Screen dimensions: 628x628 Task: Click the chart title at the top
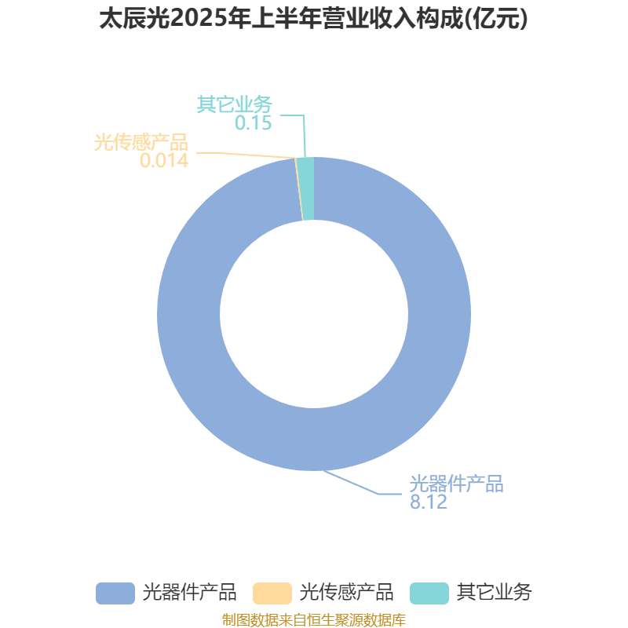tap(313, 19)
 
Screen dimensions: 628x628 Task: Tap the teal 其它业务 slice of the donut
tap(308, 188)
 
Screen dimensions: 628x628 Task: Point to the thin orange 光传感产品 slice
tap(299, 188)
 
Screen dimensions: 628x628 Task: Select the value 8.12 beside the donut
tap(428, 502)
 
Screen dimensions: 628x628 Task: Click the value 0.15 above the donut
tap(253, 122)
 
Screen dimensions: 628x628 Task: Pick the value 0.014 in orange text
tap(164, 161)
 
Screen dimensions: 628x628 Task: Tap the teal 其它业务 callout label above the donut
tap(235, 104)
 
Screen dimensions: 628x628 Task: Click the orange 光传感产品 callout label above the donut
tap(141, 143)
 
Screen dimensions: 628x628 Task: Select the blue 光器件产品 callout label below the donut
tap(456, 484)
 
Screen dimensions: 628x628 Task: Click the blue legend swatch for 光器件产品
tap(115, 593)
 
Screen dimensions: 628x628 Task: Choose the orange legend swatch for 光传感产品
tap(272, 593)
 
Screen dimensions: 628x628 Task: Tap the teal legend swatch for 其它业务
tap(429, 593)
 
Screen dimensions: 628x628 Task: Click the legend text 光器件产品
tap(189, 593)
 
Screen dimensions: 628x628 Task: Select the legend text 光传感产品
tap(346, 593)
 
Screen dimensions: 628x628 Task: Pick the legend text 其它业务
tap(495, 593)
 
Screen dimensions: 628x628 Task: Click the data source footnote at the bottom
tap(314, 619)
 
